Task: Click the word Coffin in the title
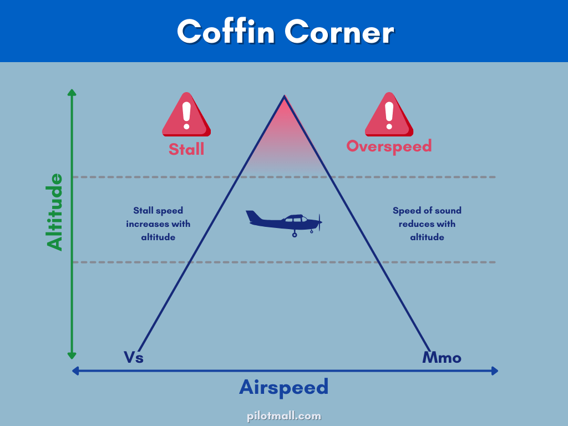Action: pos(226,32)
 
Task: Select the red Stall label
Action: pos(186,149)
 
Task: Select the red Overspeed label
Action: pos(389,146)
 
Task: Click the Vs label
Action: pos(134,357)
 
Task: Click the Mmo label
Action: pos(442,358)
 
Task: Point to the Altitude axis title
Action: pos(54,212)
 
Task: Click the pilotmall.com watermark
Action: pos(284,416)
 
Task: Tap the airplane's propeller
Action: pos(319,222)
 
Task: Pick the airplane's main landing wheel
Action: pos(295,235)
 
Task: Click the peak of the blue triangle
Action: pos(285,95)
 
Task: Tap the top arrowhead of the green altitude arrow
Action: pos(72,93)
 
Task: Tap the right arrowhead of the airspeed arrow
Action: pos(494,371)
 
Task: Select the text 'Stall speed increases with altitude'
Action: pos(158,224)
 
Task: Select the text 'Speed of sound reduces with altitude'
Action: pos(427,224)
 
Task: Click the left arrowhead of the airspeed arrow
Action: pos(75,371)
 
